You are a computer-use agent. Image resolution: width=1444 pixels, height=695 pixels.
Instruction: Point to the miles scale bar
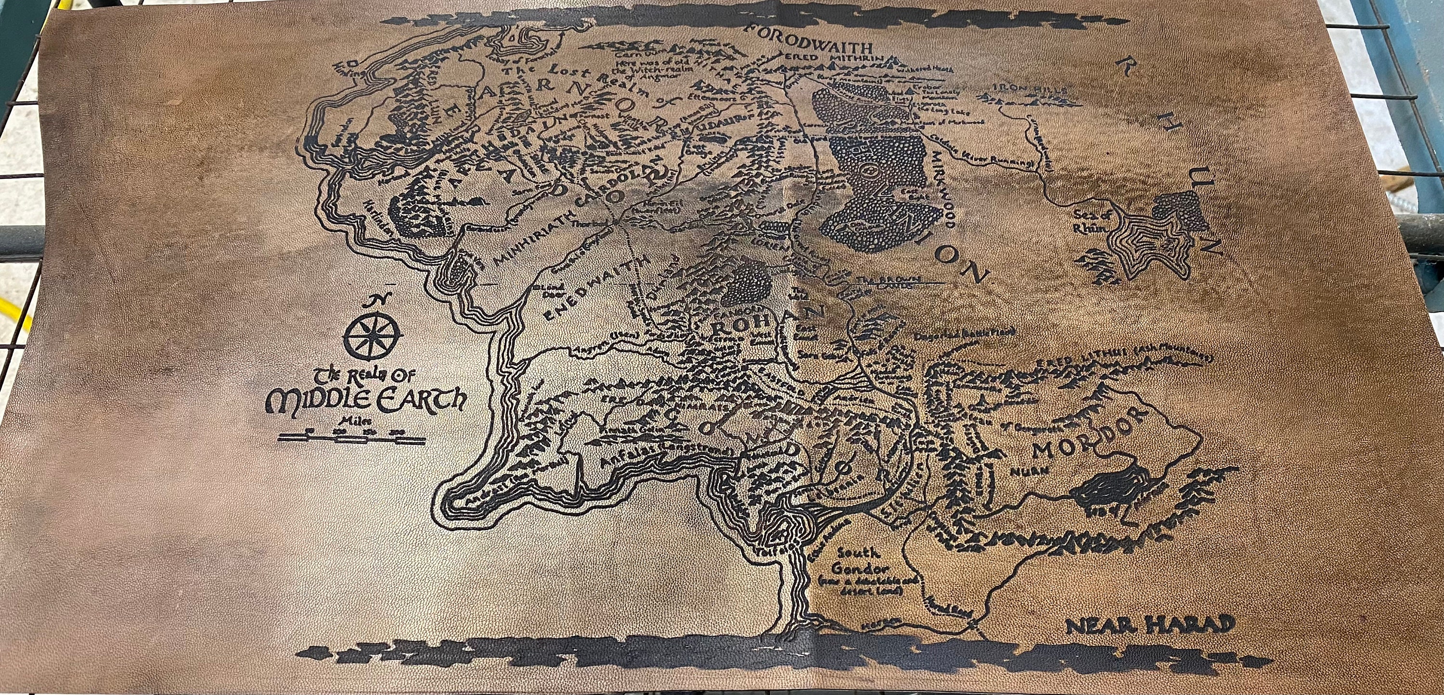point(351,439)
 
